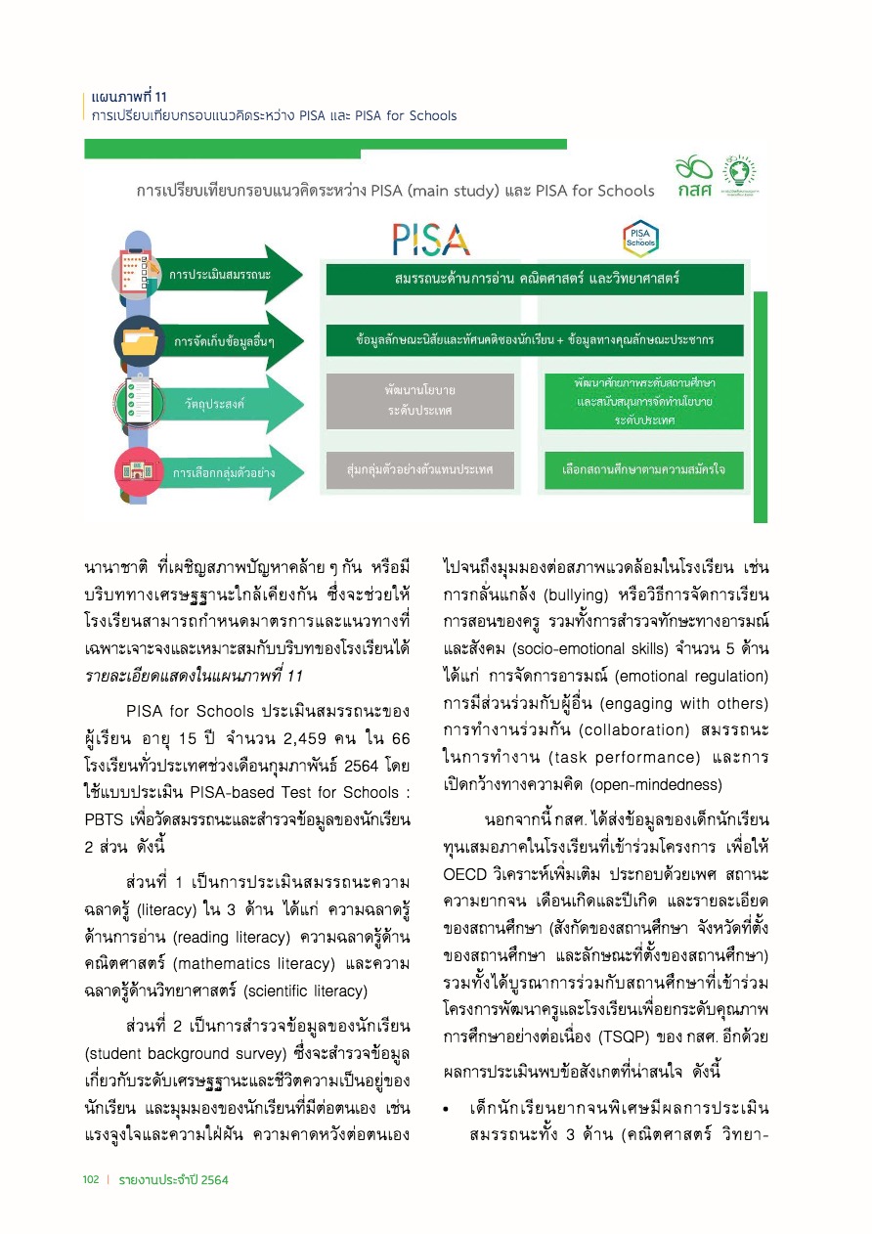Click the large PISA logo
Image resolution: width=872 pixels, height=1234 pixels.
coord(431,239)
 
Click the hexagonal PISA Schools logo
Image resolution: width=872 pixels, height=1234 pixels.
coord(640,238)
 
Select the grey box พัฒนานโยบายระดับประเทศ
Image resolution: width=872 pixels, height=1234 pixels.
coord(419,401)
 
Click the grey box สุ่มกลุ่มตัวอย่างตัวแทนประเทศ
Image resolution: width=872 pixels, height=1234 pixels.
coord(419,470)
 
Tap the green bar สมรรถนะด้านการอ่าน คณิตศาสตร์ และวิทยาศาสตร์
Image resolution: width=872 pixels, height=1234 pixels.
coord(535,279)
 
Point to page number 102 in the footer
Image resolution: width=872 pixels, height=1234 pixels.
coord(91,1180)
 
